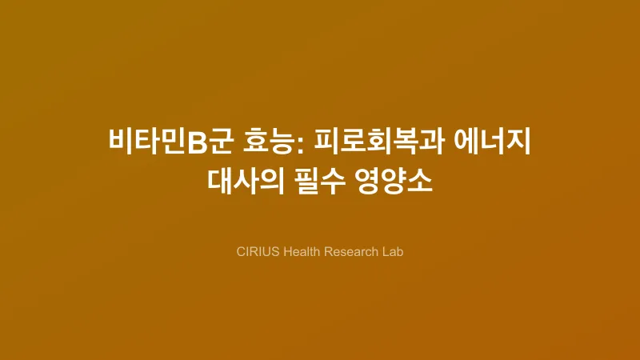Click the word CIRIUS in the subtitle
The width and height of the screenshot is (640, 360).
tap(258, 251)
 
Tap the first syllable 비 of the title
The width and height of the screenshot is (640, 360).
tap(120, 142)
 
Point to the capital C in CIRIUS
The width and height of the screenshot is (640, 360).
tap(241, 251)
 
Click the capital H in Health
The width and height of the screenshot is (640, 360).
tap(290, 251)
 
